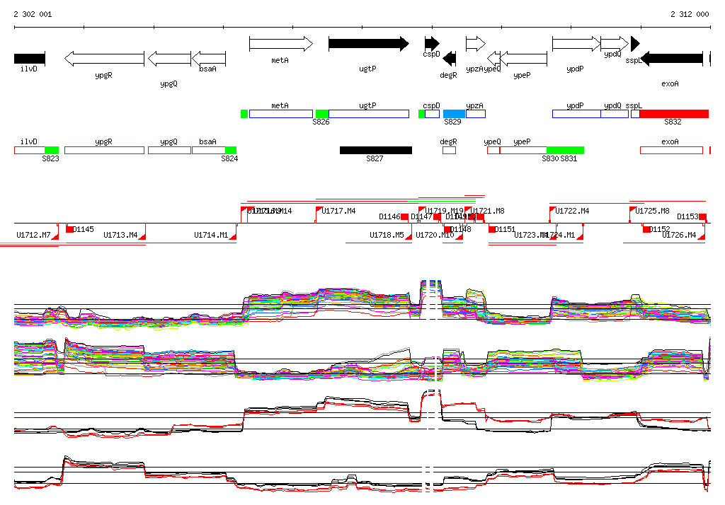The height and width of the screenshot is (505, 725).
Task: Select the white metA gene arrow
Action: click(280, 44)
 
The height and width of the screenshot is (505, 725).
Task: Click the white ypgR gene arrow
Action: click(104, 58)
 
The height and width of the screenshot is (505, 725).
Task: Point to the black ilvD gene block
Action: click(30, 58)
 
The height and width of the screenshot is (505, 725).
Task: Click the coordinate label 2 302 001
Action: click(33, 14)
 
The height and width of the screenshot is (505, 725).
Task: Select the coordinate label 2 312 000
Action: click(690, 14)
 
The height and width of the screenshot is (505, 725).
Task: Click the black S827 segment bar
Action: click(375, 150)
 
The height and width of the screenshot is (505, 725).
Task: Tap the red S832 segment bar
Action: click(673, 114)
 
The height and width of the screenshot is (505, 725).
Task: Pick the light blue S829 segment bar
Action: click(454, 114)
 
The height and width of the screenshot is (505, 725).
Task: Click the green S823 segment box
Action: click(52, 150)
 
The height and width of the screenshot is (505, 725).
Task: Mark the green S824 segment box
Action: click(230, 150)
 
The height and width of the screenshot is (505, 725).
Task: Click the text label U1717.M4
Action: click(338, 211)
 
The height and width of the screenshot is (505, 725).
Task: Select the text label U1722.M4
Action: click(572, 211)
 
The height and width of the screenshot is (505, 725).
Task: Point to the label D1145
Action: click(84, 229)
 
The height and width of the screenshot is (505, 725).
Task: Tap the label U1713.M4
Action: click(120, 235)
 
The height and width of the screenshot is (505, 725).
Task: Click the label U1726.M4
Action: click(679, 235)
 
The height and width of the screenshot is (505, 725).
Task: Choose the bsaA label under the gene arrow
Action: click(207, 69)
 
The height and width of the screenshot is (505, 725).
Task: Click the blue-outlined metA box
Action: click(280, 114)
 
